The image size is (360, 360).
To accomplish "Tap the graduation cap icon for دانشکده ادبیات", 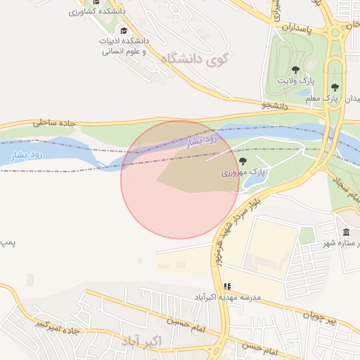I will [124, 31].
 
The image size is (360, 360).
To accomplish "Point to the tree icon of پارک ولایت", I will [296, 70].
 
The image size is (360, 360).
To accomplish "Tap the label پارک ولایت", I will [295, 82].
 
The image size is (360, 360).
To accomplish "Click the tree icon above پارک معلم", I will [335, 87].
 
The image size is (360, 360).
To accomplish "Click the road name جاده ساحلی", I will [53, 123].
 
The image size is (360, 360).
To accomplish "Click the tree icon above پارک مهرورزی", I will [243, 161].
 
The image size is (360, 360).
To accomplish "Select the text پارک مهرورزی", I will [243, 172].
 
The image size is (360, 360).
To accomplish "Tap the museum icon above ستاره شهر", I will [346, 233].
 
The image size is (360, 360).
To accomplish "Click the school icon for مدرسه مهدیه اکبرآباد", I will [226, 286].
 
